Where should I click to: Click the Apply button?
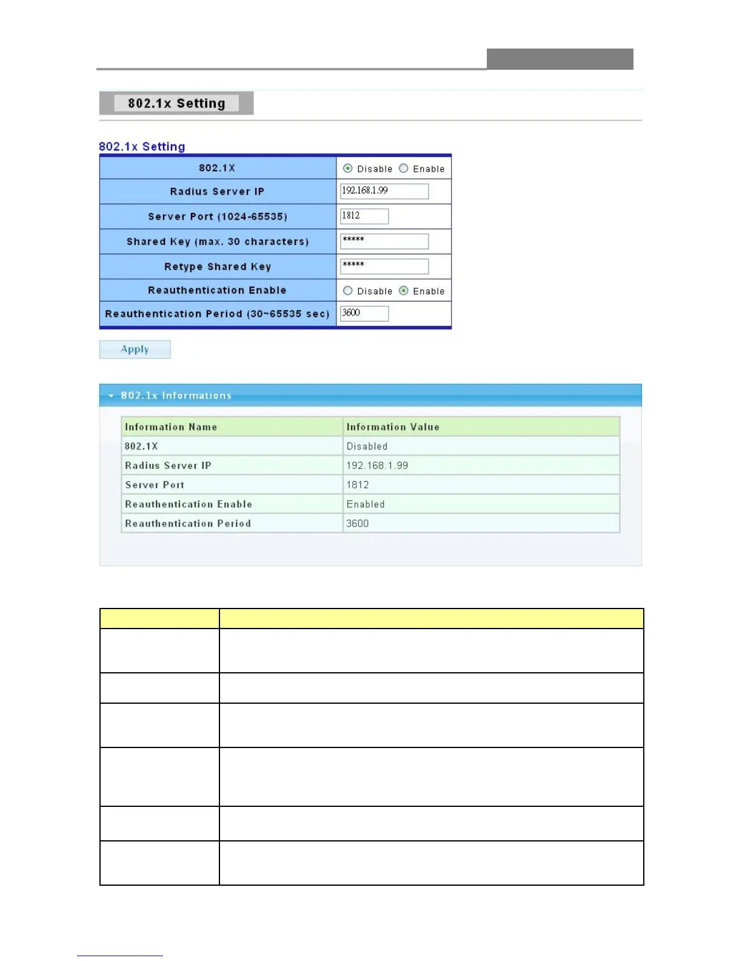pos(135,349)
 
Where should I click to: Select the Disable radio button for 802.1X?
pos(348,169)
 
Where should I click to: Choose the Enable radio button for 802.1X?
pos(404,169)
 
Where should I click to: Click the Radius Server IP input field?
pos(384,191)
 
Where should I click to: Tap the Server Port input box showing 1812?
pos(364,216)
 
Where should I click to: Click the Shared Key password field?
pos(384,241)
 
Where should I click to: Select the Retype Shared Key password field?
pos(384,266)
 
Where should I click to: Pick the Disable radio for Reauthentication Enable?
pos(348,291)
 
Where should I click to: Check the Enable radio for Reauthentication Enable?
pos(404,291)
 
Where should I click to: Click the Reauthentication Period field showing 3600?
pos(364,313)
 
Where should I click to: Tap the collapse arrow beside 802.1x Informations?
pos(111,396)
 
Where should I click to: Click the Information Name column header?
pos(171,427)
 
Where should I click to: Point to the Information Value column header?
pos(393,427)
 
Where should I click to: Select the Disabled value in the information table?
pos(367,447)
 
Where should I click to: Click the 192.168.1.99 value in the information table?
pos(377,466)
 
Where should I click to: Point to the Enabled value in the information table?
pos(366,505)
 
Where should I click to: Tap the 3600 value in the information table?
pos(357,524)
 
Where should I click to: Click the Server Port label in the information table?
pos(155,485)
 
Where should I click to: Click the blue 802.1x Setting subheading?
pos(142,147)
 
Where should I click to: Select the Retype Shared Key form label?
pos(218,267)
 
